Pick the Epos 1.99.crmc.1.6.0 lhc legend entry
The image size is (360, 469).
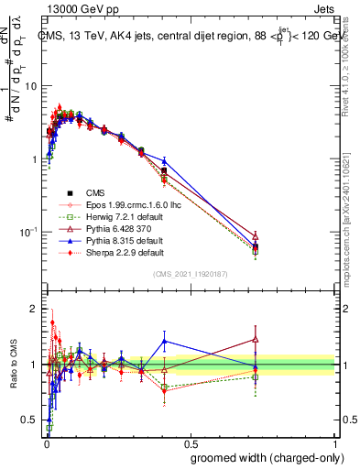click(x=126, y=204)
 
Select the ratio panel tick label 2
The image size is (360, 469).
click(x=36, y=309)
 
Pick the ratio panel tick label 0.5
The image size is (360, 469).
click(x=31, y=420)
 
